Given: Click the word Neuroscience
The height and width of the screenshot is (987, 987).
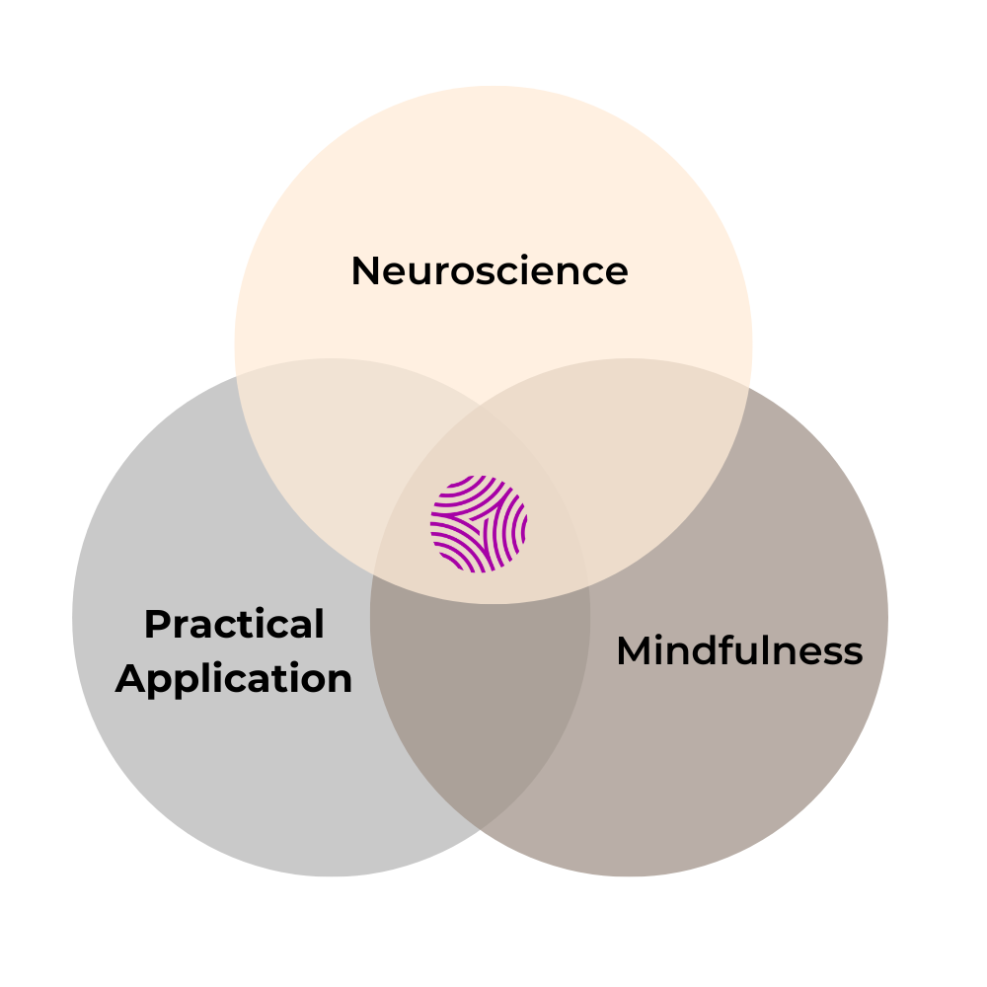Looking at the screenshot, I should click(490, 271).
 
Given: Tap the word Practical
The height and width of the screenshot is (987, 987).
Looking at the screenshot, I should click(234, 625).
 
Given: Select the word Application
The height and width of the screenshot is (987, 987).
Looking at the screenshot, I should click(234, 679).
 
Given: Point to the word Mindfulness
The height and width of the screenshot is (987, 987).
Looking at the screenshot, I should click(739, 651).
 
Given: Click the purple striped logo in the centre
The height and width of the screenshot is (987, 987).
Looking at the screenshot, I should click(479, 524).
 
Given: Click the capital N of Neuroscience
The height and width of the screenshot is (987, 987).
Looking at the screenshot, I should click(366, 271).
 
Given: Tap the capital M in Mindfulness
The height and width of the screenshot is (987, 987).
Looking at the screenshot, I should click(636, 651).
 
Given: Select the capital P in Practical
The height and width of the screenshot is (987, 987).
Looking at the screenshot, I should click(156, 625).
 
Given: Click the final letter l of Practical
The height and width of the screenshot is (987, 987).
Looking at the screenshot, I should click(319, 624).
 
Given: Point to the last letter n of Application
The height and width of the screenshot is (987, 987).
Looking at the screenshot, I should click(340, 681).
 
